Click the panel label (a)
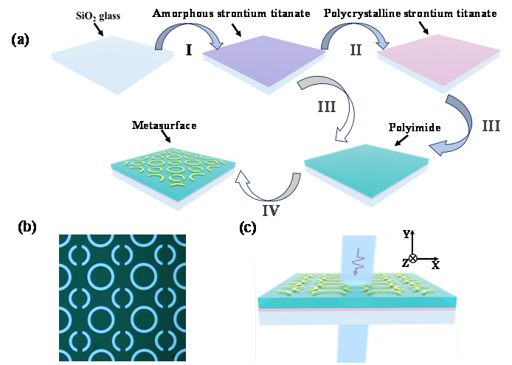tap(20, 40)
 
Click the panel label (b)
tap(27, 227)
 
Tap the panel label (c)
tap(248, 228)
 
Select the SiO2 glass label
tap(98, 15)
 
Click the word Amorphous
tap(183, 13)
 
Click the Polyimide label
tap(415, 128)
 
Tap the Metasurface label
tap(165, 125)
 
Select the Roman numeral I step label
tap(189, 50)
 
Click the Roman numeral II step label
tap(356, 50)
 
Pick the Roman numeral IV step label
tap(271, 211)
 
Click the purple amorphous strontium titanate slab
tap(264, 60)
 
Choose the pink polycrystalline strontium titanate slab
tap(439, 60)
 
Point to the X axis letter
tap(435, 265)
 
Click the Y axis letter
tap(406, 234)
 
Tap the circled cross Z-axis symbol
tap(413, 258)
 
